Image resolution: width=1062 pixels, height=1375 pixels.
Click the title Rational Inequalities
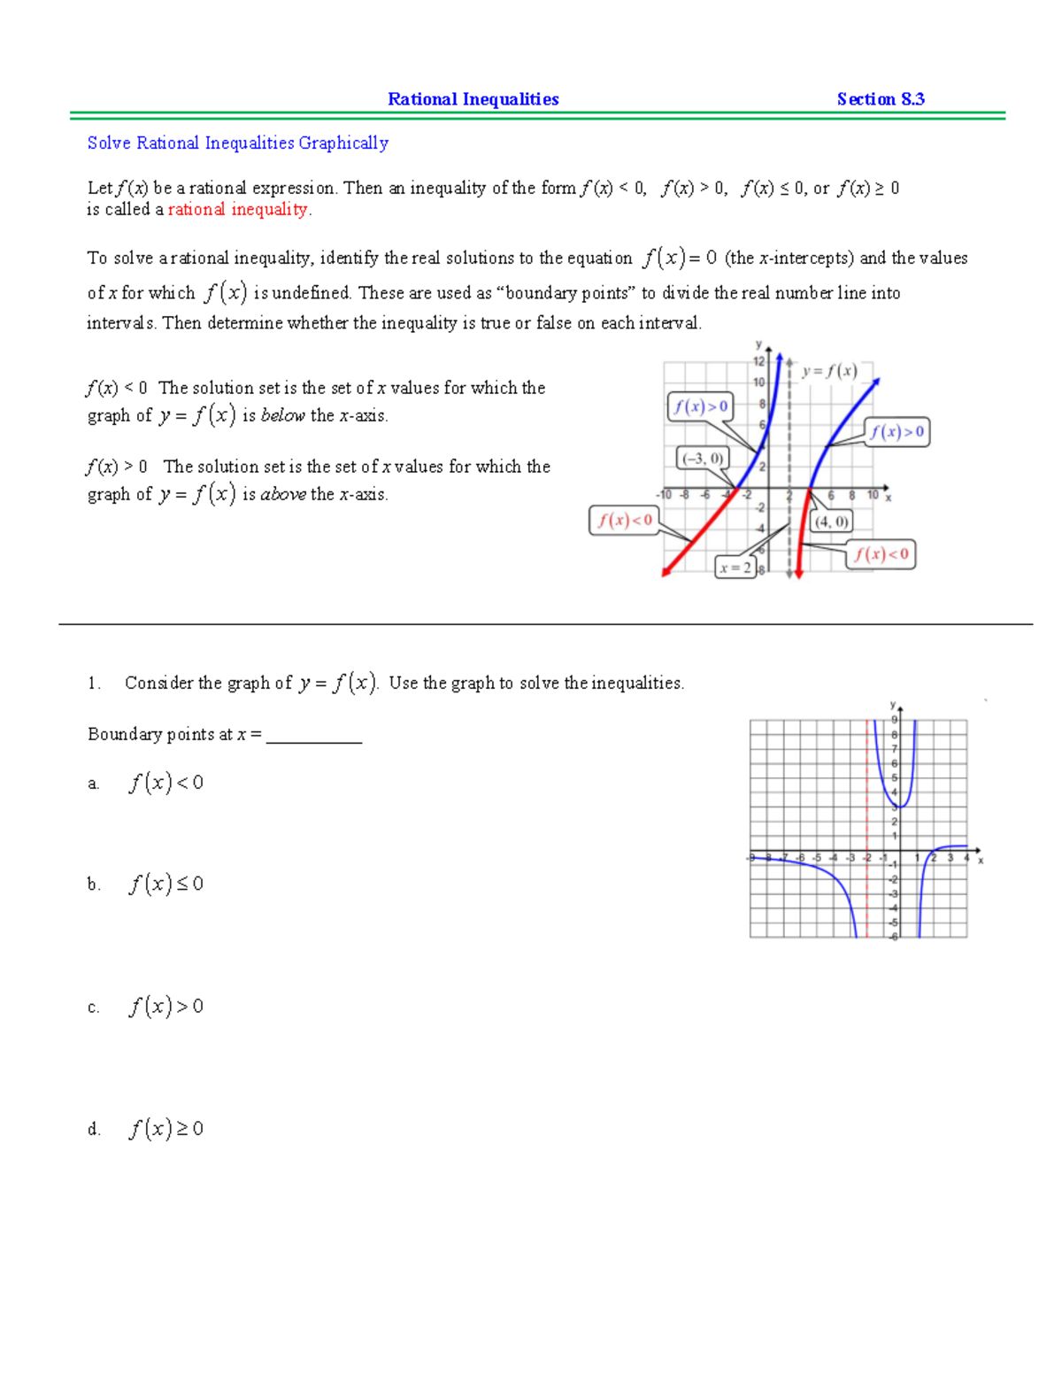point(473,99)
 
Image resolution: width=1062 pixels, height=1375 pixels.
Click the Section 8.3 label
point(881,99)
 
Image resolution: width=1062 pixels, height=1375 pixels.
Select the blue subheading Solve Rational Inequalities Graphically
point(237,143)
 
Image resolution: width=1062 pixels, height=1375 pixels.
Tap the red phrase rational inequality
point(239,210)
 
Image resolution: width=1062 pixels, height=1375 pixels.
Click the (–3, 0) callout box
point(703,458)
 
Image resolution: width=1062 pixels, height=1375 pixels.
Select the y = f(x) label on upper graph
point(829,372)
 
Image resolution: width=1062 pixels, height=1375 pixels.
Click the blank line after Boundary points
point(314,735)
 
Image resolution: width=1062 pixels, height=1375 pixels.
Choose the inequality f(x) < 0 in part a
point(166,783)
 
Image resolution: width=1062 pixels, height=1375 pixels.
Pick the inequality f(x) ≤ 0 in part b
point(166,884)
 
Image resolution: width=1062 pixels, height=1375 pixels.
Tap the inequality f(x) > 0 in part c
point(166,1007)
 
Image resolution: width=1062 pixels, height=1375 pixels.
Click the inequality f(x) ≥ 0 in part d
point(166,1129)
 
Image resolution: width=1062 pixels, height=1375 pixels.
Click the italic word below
point(282,416)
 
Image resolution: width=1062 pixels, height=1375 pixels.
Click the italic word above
point(283,495)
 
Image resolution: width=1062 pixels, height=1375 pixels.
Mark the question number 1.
point(94,684)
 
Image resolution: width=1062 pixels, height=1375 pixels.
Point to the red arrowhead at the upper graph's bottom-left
point(666,573)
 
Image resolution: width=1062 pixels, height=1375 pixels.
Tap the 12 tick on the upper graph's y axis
point(758,361)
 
